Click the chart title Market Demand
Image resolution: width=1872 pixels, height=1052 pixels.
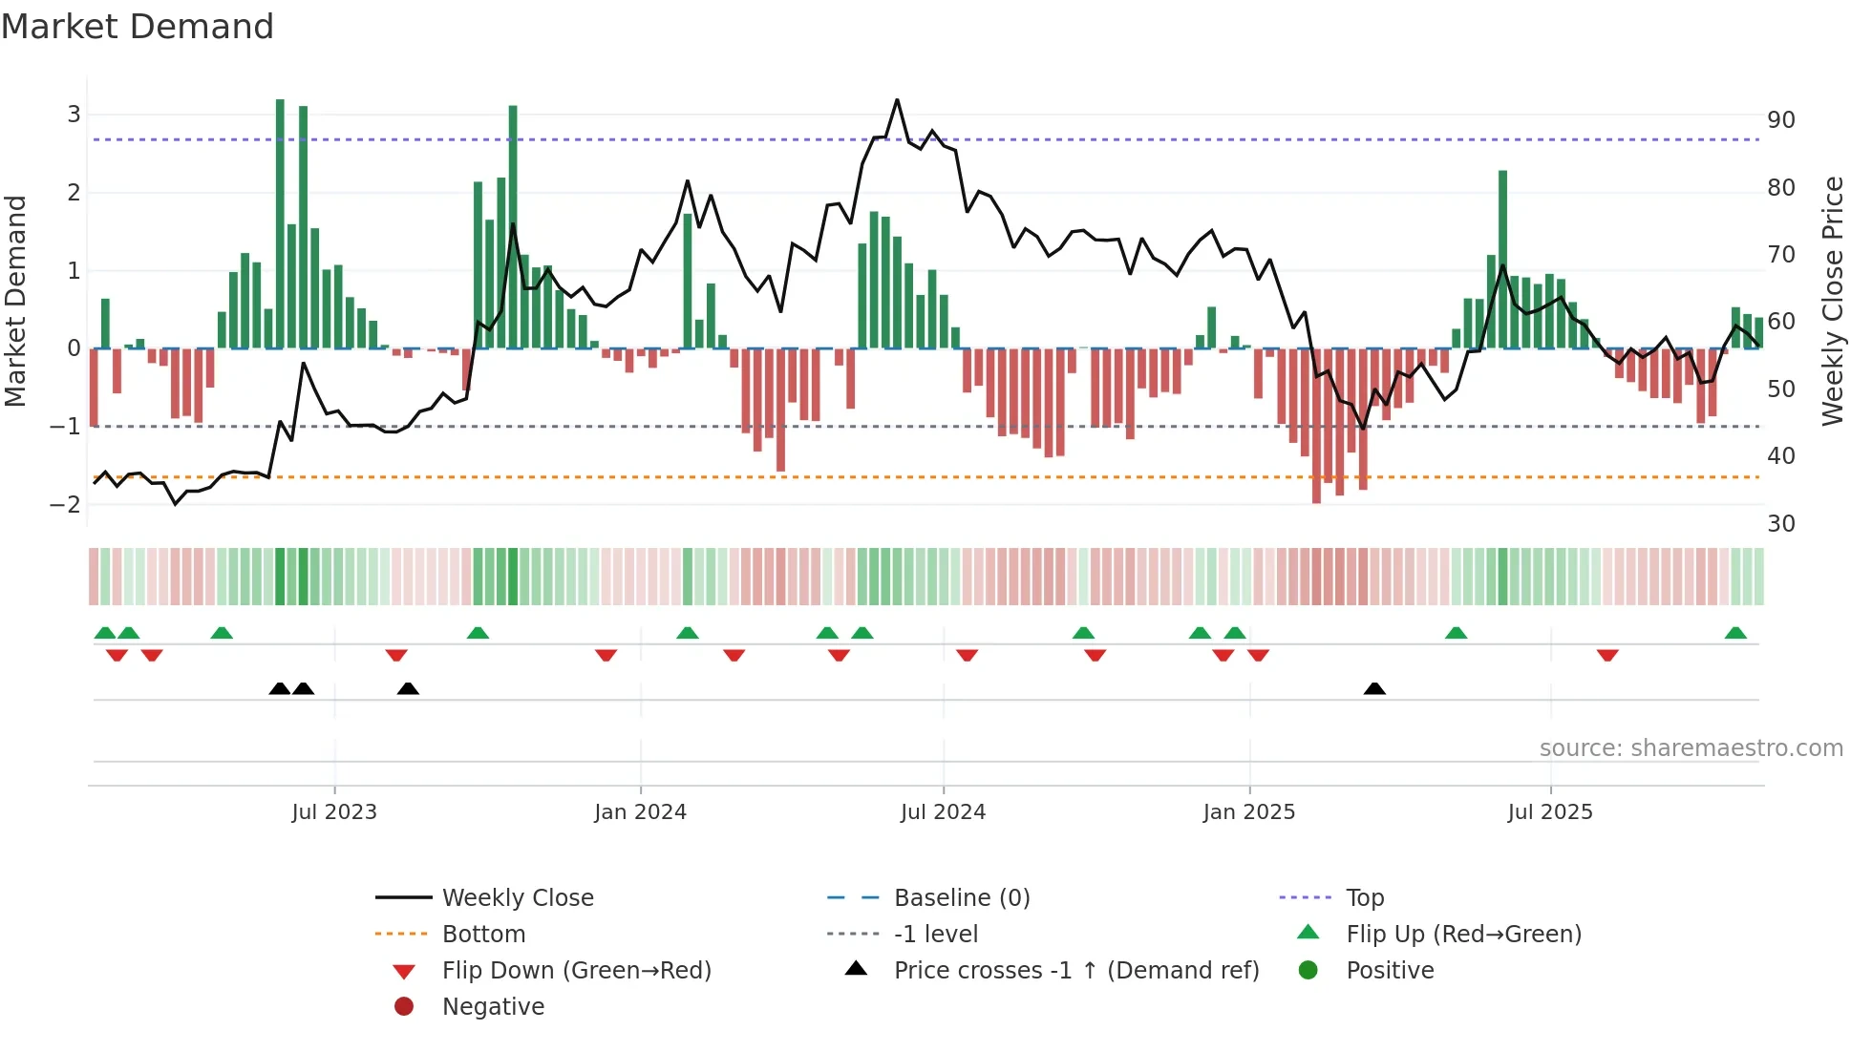(x=138, y=27)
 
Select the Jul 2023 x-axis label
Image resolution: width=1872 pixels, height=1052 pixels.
(x=334, y=812)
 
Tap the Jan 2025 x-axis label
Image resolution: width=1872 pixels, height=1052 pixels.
(x=1248, y=812)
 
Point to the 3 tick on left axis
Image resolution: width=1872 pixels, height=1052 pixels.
(x=74, y=115)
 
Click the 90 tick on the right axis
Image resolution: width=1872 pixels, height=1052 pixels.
(x=1780, y=120)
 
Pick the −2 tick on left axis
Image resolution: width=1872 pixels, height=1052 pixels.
(x=67, y=504)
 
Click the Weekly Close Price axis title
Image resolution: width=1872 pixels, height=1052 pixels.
(x=1832, y=301)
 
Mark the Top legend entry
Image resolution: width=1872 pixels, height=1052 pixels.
(x=1365, y=898)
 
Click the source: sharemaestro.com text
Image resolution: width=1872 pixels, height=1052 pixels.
(x=1691, y=748)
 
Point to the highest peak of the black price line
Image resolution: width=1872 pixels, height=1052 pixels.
(x=897, y=100)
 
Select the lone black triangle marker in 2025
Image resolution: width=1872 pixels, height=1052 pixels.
(x=1374, y=688)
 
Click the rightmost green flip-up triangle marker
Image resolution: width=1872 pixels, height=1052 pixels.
(x=1735, y=633)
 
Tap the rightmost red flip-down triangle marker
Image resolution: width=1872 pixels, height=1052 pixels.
(x=1607, y=655)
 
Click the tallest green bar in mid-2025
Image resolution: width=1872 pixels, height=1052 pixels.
(x=1502, y=258)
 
